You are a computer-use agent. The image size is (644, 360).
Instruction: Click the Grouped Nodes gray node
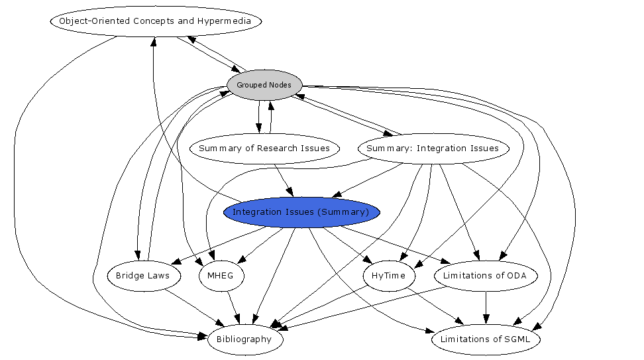click(264, 85)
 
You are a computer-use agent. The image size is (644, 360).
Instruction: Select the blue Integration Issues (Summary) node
click(301, 212)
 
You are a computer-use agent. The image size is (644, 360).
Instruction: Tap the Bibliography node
click(244, 339)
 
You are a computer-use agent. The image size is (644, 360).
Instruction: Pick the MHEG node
click(221, 276)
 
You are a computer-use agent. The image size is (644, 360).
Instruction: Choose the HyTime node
click(388, 276)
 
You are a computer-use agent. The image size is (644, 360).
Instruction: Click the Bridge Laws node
click(142, 276)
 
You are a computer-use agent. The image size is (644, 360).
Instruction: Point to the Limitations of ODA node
click(486, 276)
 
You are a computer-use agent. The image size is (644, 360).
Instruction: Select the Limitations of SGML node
click(486, 339)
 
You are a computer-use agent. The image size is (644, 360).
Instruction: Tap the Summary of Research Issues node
click(264, 149)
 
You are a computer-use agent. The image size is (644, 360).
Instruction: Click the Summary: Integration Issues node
click(433, 149)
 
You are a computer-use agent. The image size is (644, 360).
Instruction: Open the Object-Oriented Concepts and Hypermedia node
click(155, 21)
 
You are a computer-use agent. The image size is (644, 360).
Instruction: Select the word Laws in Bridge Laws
click(158, 276)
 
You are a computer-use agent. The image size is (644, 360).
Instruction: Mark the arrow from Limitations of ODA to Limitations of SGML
click(486, 307)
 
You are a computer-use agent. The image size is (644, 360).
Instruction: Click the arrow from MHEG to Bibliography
click(233, 308)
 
